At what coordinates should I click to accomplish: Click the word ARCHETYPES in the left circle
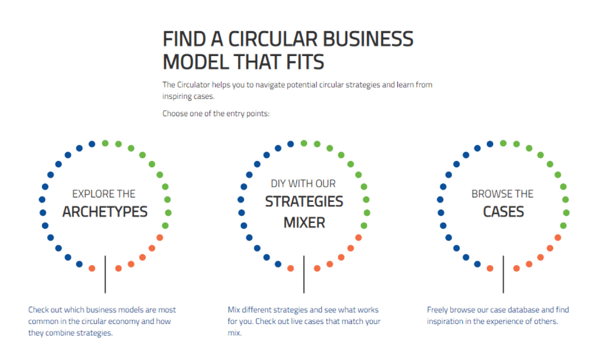pyautogui.click(x=105, y=211)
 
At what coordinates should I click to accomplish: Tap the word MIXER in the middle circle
pyautogui.click(x=304, y=222)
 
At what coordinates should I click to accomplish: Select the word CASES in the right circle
pyautogui.click(x=503, y=211)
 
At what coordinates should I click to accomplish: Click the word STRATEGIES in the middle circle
pyautogui.click(x=304, y=202)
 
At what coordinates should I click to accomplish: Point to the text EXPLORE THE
pyautogui.click(x=104, y=194)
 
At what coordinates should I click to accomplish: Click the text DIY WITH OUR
pyautogui.click(x=303, y=183)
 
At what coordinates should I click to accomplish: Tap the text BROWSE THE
pyautogui.click(x=502, y=194)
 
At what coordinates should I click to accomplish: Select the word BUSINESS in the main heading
pyautogui.click(x=370, y=39)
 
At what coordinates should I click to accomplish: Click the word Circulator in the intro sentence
pyautogui.click(x=194, y=84)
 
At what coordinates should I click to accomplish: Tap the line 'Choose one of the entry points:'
pyautogui.click(x=216, y=113)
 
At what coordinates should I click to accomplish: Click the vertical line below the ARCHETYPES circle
pyautogui.click(x=105, y=274)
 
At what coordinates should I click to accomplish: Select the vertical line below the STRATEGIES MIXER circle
pyautogui.click(x=304, y=274)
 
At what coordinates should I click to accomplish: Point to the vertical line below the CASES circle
pyautogui.click(x=503, y=274)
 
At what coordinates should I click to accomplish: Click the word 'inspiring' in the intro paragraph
pyautogui.click(x=178, y=96)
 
